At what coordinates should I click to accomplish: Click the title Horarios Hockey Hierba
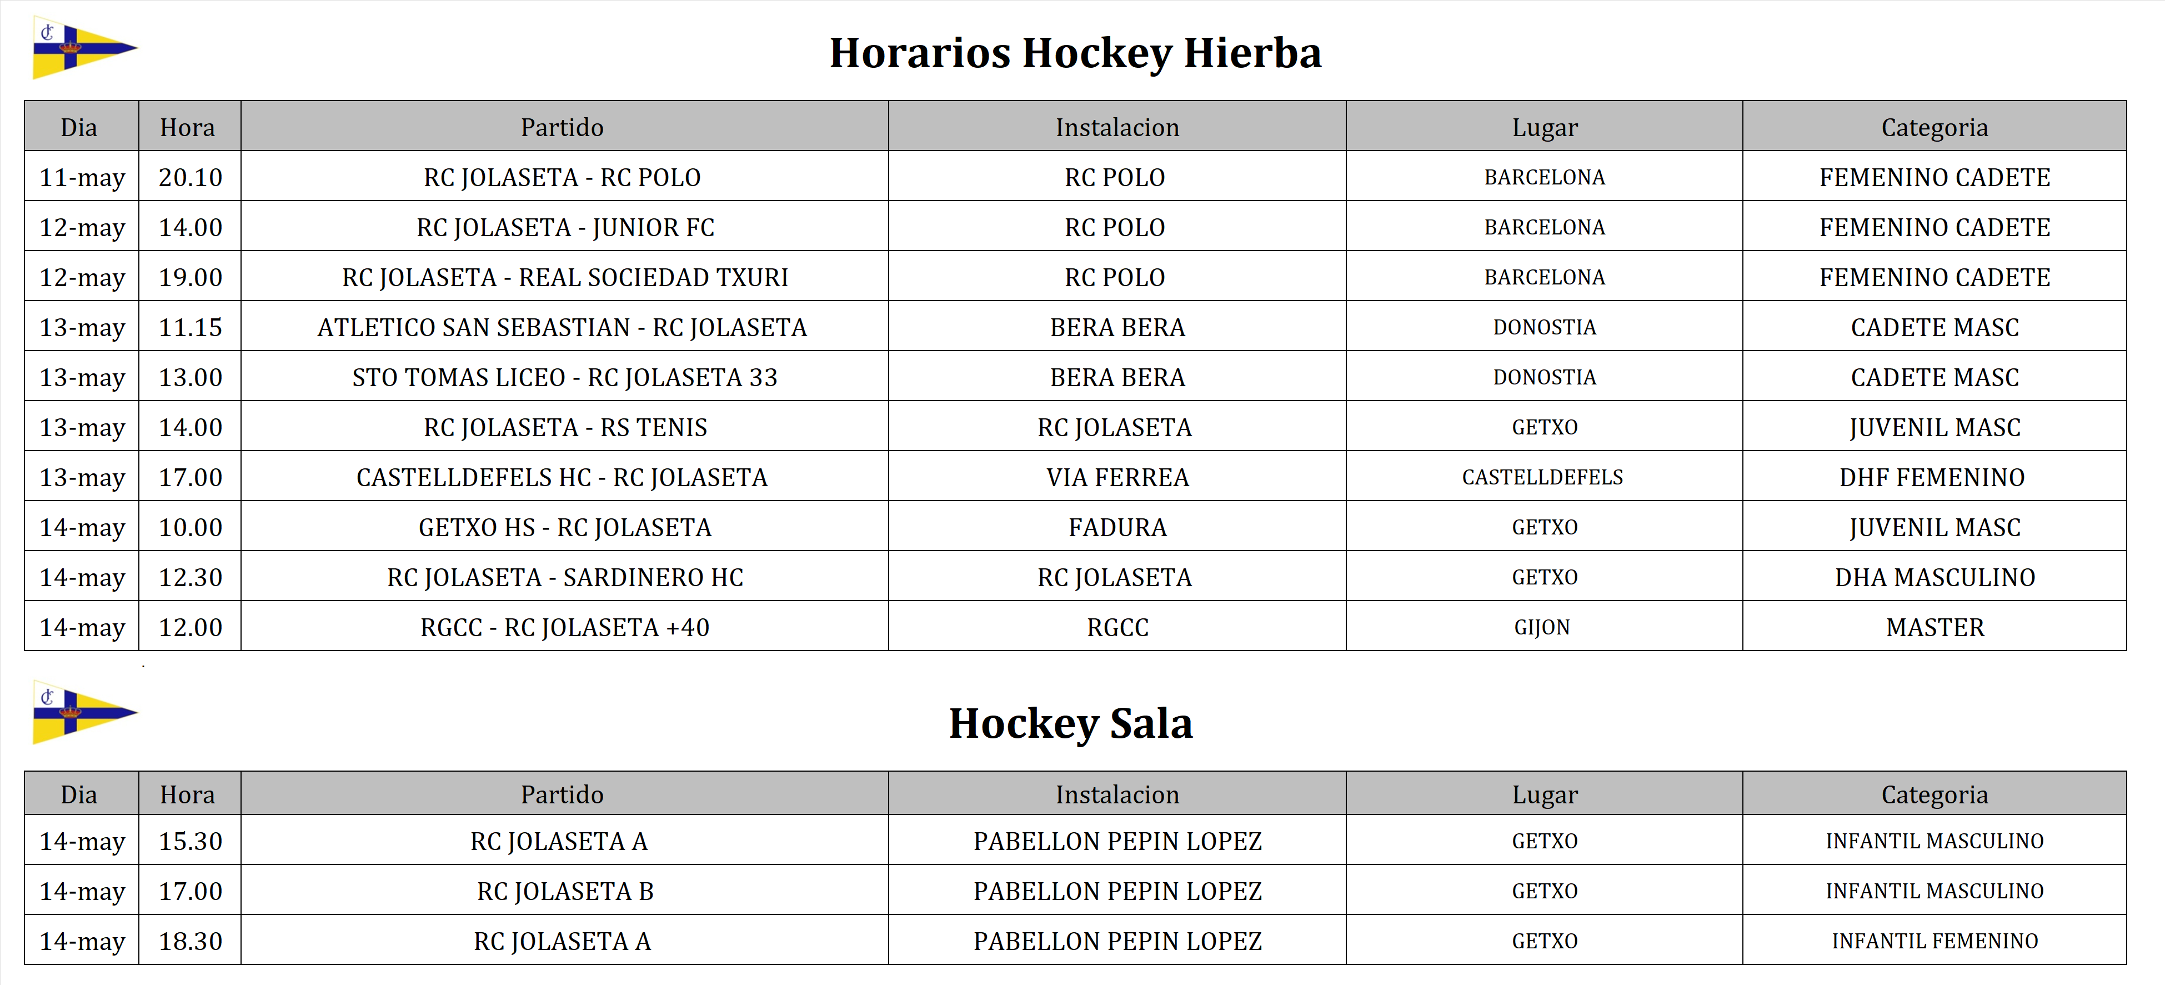click(x=1075, y=53)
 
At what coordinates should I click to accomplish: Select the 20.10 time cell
click(x=190, y=177)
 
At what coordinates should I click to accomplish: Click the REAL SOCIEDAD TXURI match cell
click(x=565, y=277)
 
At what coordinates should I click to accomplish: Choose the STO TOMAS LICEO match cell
click(x=565, y=377)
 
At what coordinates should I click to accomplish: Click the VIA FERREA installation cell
click(x=1117, y=477)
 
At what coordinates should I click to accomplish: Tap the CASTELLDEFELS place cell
click(x=1543, y=477)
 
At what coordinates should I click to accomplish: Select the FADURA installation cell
click(x=1117, y=528)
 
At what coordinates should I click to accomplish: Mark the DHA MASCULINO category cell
click(x=1935, y=577)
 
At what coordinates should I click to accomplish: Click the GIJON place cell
click(x=1543, y=628)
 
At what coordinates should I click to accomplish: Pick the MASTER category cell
click(x=1935, y=628)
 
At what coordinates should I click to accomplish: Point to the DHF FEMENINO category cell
click(x=1932, y=477)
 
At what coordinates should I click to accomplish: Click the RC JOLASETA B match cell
click(x=565, y=891)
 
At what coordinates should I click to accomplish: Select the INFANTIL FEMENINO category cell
click(x=1935, y=941)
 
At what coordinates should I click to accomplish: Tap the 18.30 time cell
click(x=190, y=941)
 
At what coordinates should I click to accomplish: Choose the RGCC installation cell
click(x=1117, y=628)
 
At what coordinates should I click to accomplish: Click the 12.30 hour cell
click(x=190, y=577)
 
